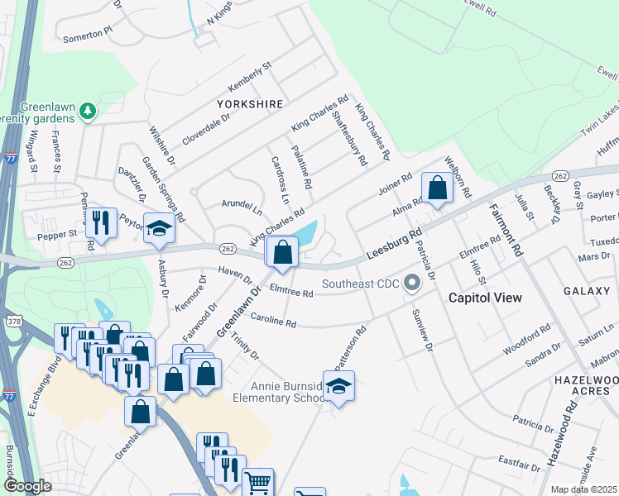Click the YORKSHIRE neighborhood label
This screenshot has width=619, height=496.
pyautogui.click(x=250, y=104)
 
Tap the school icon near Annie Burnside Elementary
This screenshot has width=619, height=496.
pyautogui.click(x=338, y=386)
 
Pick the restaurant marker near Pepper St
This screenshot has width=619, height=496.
pyautogui.click(x=101, y=222)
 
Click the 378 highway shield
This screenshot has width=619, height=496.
pyautogui.click(x=12, y=320)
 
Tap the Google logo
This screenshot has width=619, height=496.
pyautogui.click(x=28, y=485)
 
